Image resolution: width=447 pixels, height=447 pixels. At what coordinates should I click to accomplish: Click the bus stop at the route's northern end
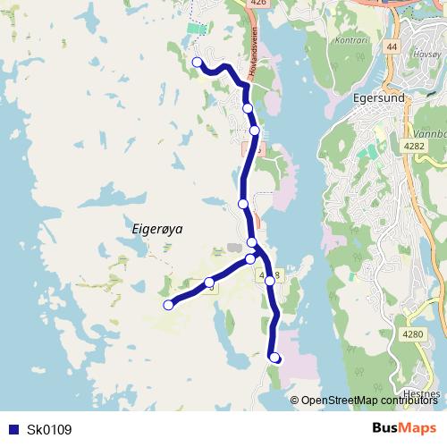(198, 62)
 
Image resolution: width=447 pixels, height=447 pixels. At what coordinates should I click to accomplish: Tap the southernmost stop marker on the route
(275, 358)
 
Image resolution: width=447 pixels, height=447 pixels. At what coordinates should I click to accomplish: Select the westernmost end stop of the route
(168, 305)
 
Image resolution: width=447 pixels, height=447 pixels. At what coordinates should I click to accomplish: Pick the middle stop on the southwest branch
(209, 283)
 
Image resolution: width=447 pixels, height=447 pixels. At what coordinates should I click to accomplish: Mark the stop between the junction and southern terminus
(269, 279)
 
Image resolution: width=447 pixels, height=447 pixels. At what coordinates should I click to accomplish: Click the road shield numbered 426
(259, 4)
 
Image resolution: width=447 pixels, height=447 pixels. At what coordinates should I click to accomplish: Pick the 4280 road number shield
(412, 334)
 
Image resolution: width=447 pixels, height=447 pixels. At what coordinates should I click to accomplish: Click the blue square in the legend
(13, 430)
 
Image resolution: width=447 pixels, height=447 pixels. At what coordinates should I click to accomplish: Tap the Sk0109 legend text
(49, 430)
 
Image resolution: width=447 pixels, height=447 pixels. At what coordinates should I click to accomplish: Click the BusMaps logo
(404, 429)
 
